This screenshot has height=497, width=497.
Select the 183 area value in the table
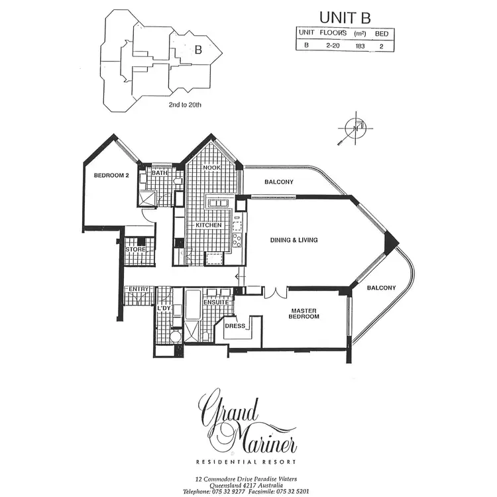pos(360,45)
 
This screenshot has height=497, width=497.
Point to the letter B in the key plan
pos(197,49)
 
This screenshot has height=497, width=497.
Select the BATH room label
pos(160,174)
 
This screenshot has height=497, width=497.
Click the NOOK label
pos(211,168)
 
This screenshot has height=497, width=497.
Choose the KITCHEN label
pos(208,226)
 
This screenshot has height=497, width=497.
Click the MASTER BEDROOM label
pos(305,313)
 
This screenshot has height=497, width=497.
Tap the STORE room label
pos(136,249)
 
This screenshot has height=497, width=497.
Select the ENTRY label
pos(138,289)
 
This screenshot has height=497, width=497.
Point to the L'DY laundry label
pos(164,308)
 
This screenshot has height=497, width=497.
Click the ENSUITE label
pos(216,303)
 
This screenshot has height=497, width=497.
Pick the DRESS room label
pos(236,326)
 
